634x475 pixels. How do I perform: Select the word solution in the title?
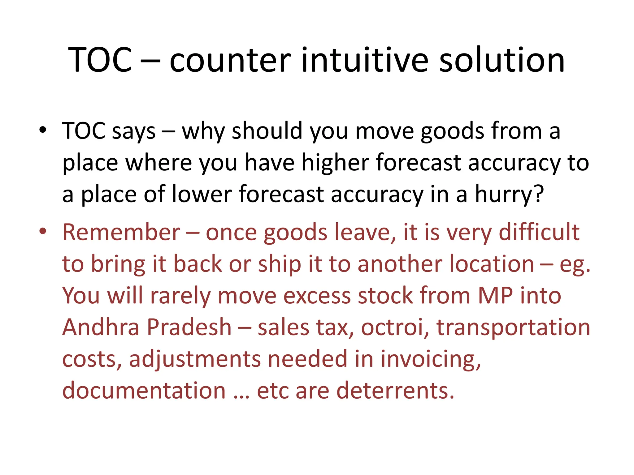coord(502,60)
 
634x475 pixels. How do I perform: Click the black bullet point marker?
coord(43,130)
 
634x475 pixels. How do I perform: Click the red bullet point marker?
coord(43,231)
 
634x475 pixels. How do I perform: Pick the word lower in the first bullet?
coord(202,195)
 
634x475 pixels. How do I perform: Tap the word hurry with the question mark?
coord(509,195)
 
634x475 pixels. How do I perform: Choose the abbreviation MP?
coord(495,295)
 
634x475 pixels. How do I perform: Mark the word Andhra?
coord(101,327)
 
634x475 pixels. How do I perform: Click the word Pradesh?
coord(189,327)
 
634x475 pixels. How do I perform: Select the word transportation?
coord(513,328)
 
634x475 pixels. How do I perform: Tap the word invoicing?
coord(430,359)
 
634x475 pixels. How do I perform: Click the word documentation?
coord(144,391)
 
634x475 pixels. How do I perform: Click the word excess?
coord(317,296)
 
